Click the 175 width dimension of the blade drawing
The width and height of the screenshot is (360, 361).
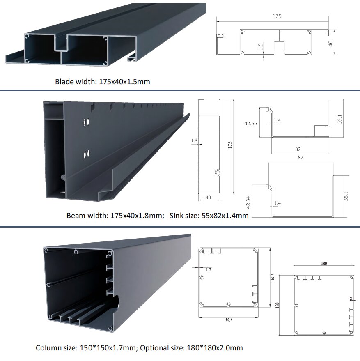point(277,16)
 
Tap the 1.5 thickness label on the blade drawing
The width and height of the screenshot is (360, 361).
point(260,46)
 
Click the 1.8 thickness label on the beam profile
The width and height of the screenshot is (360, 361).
point(194,140)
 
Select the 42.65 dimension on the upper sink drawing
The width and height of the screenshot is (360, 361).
point(250,123)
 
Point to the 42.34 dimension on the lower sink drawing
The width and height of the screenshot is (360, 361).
point(248,202)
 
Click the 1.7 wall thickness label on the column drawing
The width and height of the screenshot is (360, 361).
point(209,269)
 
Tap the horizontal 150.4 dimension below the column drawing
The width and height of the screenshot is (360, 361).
point(228,320)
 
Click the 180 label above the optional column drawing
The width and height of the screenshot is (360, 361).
point(323,263)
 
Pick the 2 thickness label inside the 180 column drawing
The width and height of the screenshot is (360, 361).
point(351,299)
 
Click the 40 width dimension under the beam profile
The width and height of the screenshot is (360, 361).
point(208,198)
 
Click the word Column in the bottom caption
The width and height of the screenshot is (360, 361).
point(47,347)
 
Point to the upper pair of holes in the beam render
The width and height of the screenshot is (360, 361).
point(86,122)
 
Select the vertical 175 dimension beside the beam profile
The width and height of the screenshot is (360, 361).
point(229,145)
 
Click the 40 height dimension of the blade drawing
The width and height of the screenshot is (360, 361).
point(331,43)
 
